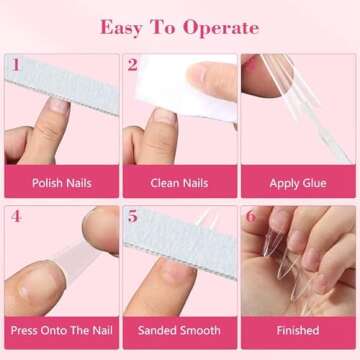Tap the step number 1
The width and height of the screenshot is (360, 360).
(15, 66)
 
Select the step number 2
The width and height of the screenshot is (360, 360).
(133, 66)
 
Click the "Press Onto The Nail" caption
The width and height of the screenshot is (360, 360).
(60, 330)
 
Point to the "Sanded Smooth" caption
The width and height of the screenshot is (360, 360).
(179, 330)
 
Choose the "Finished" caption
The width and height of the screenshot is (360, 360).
(298, 330)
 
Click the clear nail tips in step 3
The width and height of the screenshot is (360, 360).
(300, 95)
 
